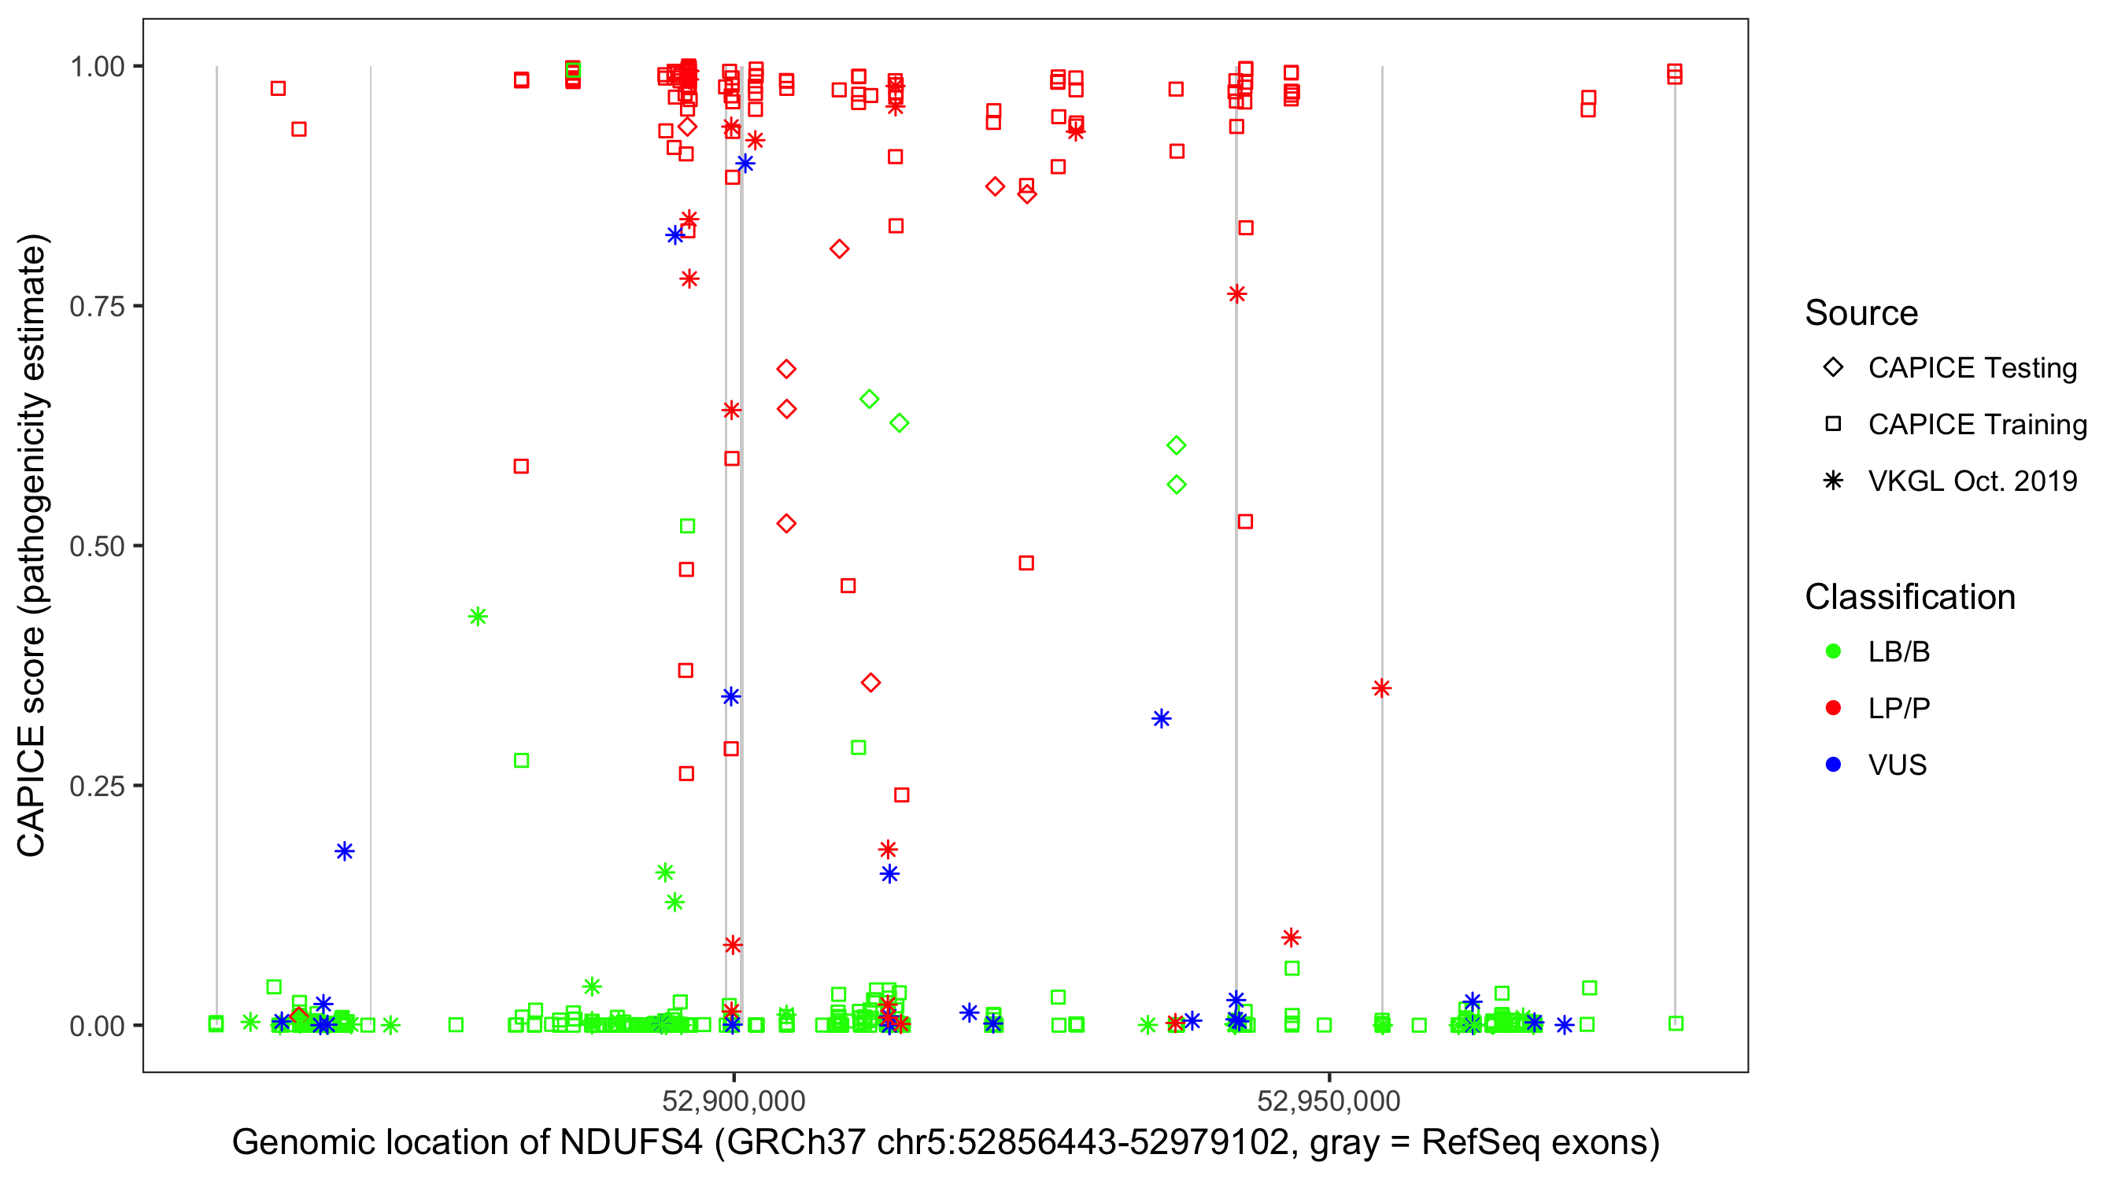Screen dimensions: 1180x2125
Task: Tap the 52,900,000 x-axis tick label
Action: tap(734, 1100)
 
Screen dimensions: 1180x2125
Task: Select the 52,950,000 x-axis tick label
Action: tap(1329, 1100)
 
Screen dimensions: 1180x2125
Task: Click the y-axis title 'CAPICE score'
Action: tap(33, 544)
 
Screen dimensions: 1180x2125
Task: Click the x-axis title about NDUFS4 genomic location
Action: tap(945, 1142)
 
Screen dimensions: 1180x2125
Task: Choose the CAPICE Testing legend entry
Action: tap(1972, 368)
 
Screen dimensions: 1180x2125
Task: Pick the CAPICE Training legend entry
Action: tap(1976, 425)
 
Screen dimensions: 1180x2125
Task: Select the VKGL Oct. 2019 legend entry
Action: tap(1972, 481)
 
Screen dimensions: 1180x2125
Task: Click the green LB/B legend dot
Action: tap(1833, 651)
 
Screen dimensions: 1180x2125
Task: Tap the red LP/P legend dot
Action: tap(1833, 708)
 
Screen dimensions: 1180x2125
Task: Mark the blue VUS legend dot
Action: tap(1833, 765)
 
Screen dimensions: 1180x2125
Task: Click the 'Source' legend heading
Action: tap(1861, 313)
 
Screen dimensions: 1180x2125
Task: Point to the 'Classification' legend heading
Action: tap(1909, 597)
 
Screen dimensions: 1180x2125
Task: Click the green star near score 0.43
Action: tap(478, 617)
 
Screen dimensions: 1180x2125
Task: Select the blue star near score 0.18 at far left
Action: tap(345, 851)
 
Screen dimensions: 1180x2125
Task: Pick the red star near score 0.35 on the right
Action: tap(1382, 688)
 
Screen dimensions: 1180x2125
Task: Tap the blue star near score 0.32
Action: tap(1162, 719)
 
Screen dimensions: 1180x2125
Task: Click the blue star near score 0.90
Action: tap(745, 164)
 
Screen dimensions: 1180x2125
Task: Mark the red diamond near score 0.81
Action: tap(839, 249)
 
